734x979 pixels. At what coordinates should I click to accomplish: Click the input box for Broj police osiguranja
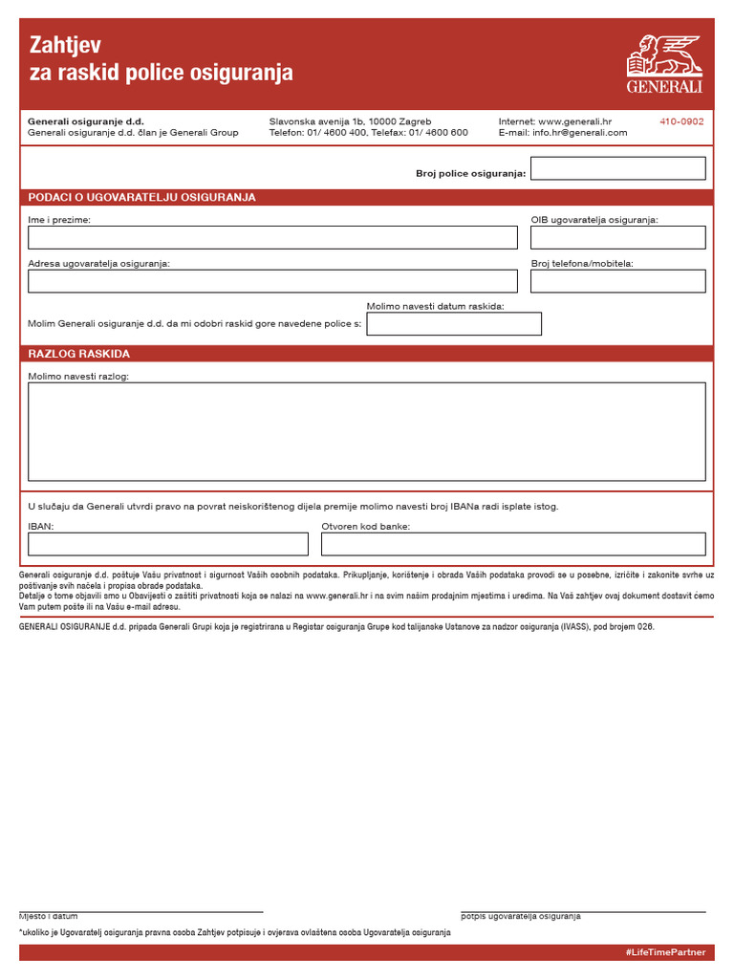coord(617,168)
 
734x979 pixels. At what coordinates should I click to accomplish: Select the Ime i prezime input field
coord(272,237)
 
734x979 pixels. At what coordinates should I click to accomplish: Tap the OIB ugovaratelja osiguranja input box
coord(617,237)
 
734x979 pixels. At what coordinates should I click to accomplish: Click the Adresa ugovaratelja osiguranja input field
coord(272,281)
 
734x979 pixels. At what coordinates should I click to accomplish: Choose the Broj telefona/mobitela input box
coord(617,281)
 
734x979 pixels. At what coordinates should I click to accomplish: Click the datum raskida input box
coord(454,324)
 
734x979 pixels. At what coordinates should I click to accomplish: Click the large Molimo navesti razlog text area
coord(367,431)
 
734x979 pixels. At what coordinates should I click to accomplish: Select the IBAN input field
coord(168,544)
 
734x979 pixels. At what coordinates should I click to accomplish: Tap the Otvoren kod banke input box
coord(513,544)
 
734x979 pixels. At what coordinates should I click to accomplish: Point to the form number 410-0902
coord(681,121)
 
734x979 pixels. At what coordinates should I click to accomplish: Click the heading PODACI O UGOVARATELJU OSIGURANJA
coord(141,197)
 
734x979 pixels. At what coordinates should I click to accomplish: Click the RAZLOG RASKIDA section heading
coord(79,354)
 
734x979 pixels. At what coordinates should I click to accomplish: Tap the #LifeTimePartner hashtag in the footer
coord(665,953)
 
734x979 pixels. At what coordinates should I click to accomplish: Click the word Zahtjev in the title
coord(65,45)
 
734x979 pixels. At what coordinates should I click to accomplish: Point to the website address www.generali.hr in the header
coord(574,121)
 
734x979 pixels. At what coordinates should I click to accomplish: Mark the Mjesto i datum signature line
coord(140,911)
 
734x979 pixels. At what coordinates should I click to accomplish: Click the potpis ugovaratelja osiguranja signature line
coord(583,911)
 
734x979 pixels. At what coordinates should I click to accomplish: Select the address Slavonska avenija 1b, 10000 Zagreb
coord(350,121)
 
